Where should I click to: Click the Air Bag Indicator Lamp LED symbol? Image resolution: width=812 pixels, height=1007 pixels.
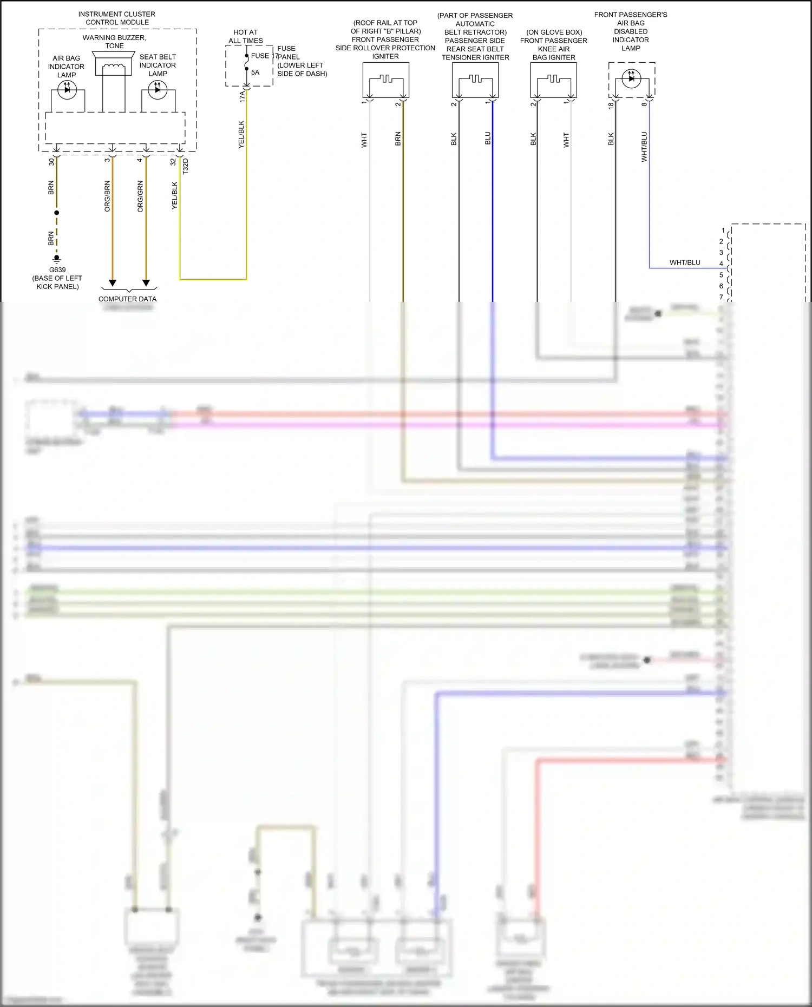[x=67, y=89]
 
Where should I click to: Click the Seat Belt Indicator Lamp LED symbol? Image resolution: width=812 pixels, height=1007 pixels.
[x=157, y=89]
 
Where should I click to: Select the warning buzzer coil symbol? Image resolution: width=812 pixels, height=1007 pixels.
[x=114, y=67]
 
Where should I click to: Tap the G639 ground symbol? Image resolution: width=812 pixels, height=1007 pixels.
[x=57, y=259]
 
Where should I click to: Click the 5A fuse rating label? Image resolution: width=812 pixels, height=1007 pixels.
[x=255, y=73]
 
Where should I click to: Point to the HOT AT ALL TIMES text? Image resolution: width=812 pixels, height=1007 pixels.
[x=245, y=36]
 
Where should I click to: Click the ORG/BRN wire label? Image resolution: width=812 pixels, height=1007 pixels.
[x=107, y=196]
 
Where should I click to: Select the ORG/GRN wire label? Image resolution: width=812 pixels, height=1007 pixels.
[x=140, y=196]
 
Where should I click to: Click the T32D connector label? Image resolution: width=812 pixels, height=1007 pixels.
[x=186, y=166]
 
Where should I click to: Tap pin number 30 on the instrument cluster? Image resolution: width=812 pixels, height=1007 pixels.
[x=51, y=161]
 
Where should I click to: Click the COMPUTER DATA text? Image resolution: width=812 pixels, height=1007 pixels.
[x=127, y=299]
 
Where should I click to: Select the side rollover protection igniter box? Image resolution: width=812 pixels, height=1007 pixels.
[x=385, y=80]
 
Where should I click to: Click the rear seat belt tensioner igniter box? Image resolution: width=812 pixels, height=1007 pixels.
[x=475, y=80]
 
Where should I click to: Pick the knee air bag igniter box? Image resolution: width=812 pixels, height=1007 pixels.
[x=553, y=80]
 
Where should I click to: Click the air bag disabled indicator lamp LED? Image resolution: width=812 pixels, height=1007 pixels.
[x=631, y=78]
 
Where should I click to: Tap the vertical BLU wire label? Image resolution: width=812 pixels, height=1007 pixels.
[x=488, y=138]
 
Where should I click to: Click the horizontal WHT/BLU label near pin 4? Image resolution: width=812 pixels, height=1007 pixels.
[x=685, y=262]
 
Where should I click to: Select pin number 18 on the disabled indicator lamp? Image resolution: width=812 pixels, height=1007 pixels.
[x=611, y=106]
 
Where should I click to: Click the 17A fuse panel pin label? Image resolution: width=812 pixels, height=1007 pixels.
[x=242, y=96]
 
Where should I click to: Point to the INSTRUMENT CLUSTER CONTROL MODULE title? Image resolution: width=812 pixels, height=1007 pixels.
[x=117, y=18]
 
